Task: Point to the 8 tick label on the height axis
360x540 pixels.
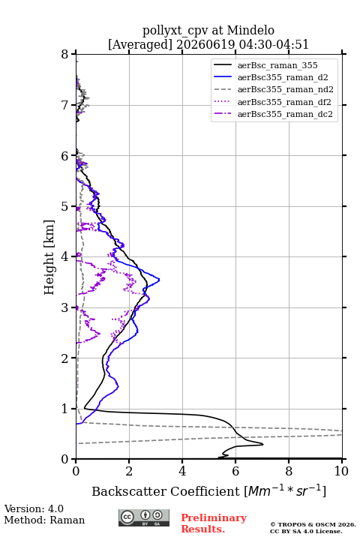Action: click(65, 54)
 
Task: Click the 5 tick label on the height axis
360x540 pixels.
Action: click(65, 206)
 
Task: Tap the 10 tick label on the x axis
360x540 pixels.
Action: click(341, 471)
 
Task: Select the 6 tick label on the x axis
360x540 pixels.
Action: click(235, 471)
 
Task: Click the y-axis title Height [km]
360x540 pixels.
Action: click(49, 257)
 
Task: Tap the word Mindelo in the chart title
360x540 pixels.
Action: click(250, 30)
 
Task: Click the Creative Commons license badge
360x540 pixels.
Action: click(144, 518)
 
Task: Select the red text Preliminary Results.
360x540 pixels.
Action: click(214, 523)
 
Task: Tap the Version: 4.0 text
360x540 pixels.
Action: click(34, 508)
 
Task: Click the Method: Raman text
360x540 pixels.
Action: click(44, 520)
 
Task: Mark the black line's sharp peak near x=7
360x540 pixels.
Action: click(262, 444)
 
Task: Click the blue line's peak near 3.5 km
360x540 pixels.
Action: click(159, 280)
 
